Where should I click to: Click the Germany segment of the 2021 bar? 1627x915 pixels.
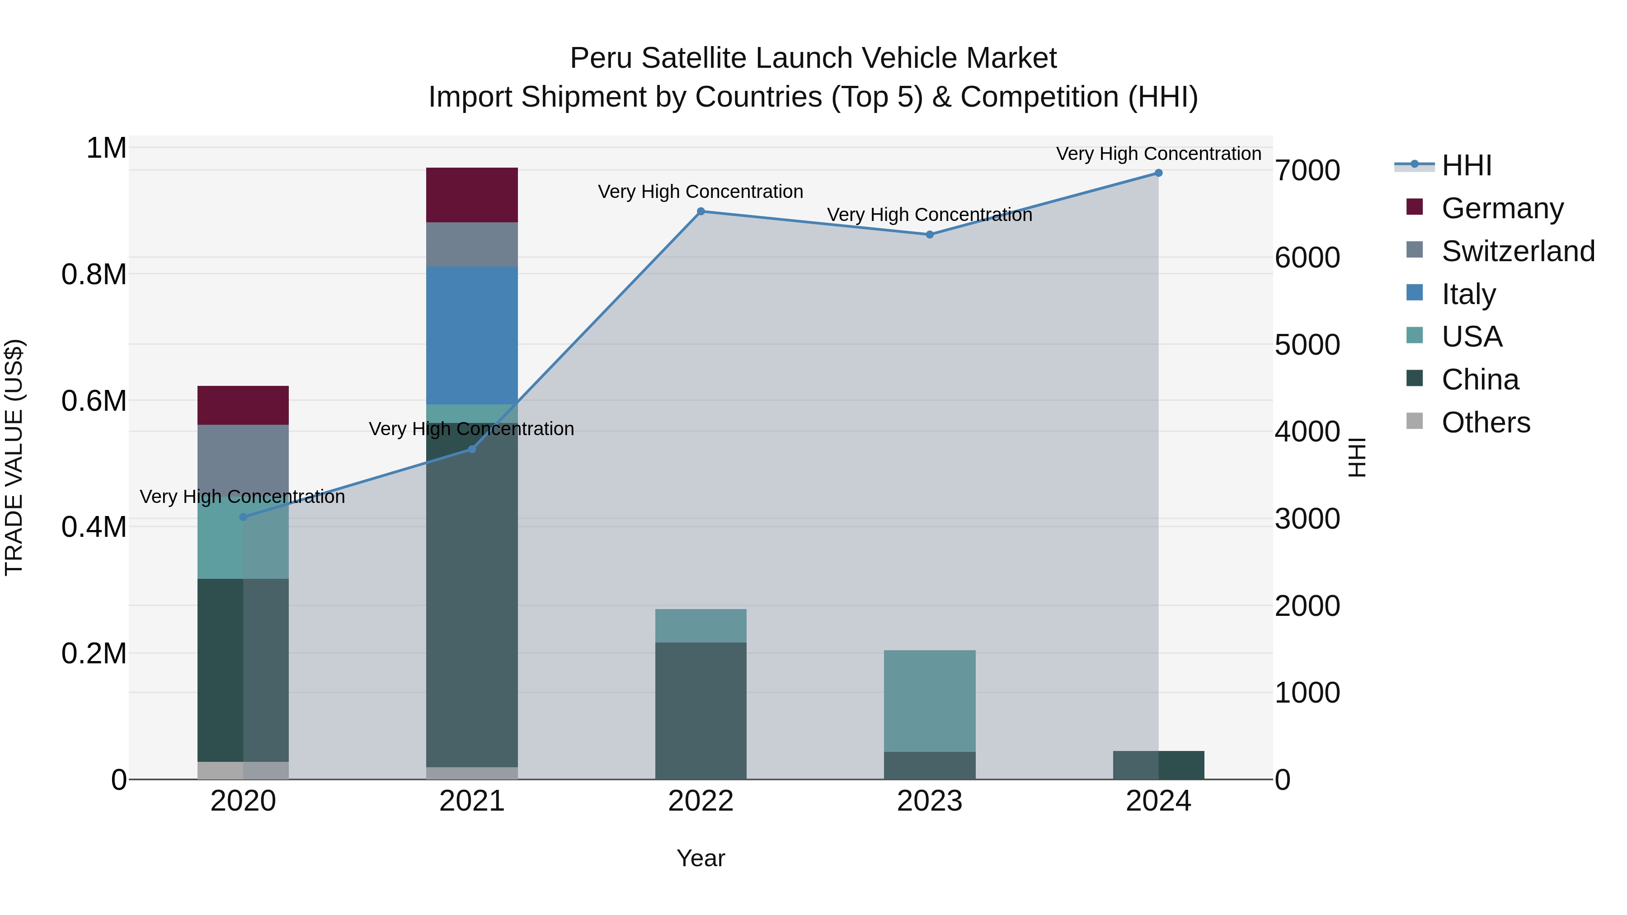(472, 194)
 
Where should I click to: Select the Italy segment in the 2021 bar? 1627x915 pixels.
(472, 335)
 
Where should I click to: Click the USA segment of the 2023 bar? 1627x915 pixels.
(929, 700)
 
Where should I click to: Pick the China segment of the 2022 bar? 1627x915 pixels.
(701, 710)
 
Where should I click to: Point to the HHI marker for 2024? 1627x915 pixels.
(1158, 173)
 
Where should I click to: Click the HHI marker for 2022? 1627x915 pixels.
(701, 211)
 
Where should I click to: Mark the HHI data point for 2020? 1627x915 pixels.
(243, 517)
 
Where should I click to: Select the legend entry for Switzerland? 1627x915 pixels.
(1518, 251)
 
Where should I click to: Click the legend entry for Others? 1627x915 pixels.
(1486, 422)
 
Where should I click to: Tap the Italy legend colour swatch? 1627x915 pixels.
(1415, 293)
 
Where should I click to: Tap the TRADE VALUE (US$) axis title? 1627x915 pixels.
(14, 457)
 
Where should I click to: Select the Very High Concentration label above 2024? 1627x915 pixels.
(1158, 154)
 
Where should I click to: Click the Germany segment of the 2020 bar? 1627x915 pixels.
(243, 405)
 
